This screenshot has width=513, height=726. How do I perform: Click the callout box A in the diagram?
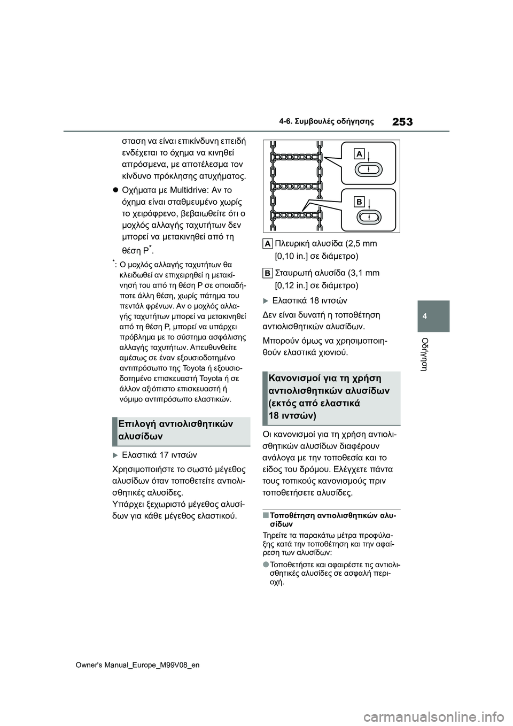[x=360, y=154]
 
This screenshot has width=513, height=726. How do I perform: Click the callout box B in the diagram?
[x=360, y=202]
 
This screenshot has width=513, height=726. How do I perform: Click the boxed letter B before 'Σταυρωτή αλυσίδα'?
[x=268, y=273]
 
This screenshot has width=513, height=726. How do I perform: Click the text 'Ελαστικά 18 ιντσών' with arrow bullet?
[x=309, y=300]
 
